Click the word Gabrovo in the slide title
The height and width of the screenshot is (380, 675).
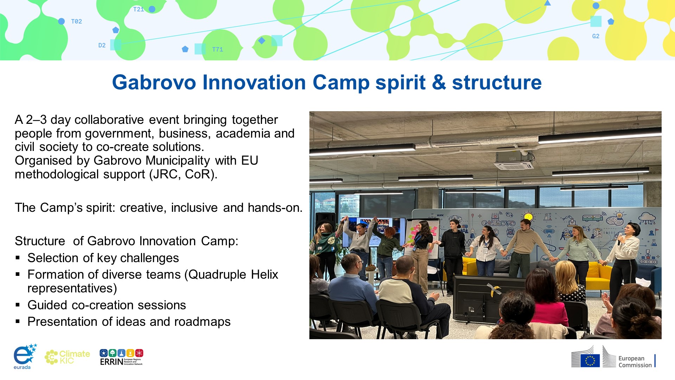(x=154, y=83)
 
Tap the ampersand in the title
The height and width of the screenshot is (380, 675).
(x=439, y=83)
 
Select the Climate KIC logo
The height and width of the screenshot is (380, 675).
(x=67, y=357)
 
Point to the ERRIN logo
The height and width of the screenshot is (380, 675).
(x=121, y=357)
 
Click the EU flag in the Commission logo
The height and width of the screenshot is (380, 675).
(x=590, y=361)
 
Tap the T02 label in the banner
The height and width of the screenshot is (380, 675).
(x=76, y=21)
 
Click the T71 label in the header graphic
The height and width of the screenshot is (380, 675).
(x=218, y=50)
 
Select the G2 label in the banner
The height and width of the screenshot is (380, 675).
(x=596, y=36)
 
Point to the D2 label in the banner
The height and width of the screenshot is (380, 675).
(x=102, y=45)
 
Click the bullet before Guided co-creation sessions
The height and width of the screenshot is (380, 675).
(x=18, y=305)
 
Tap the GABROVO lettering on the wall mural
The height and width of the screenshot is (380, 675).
(x=498, y=223)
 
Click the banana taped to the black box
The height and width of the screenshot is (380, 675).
(x=494, y=289)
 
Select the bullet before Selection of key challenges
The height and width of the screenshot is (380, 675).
(x=18, y=258)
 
